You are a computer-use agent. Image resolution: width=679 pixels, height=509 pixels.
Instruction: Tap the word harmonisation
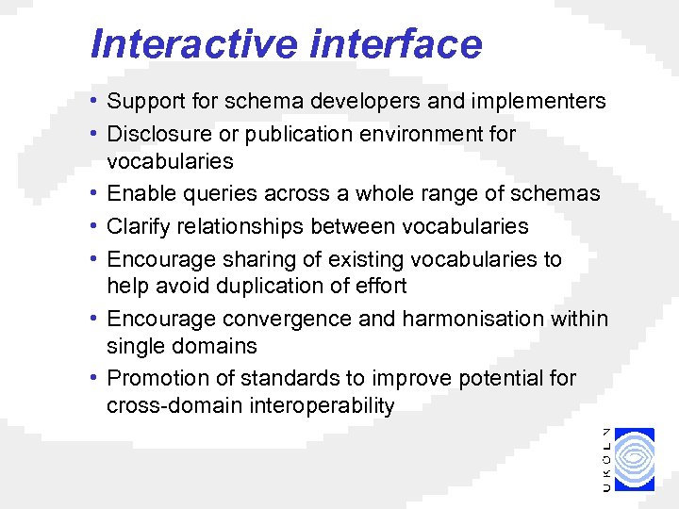click(476, 319)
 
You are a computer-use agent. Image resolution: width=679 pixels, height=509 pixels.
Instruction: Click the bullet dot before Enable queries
click(97, 193)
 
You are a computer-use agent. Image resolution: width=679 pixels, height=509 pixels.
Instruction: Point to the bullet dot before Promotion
click(97, 378)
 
